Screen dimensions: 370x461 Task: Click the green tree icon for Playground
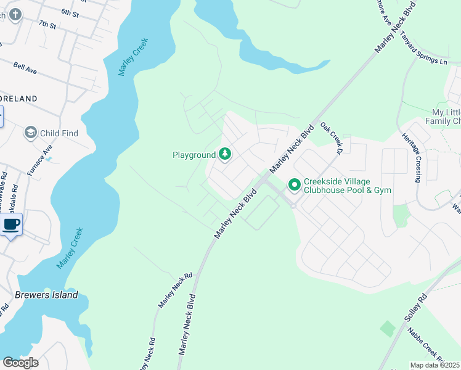pyautogui.click(x=226, y=154)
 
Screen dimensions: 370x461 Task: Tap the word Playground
pyautogui.click(x=194, y=155)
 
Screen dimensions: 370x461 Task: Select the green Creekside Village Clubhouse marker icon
pyautogui.click(x=294, y=184)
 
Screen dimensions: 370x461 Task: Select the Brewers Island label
pyautogui.click(x=47, y=295)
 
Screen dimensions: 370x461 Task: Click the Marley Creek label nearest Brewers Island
pyautogui.click(x=70, y=247)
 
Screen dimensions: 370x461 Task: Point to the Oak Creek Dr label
pyautogui.click(x=331, y=137)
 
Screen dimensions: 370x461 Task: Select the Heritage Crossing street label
pyautogui.click(x=411, y=158)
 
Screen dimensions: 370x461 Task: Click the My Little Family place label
pyautogui.click(x=446, y=117)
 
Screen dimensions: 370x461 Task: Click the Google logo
pyautogui.click(x=20, y=362)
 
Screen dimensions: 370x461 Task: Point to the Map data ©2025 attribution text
pyautogui.click(x=435, y=365)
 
